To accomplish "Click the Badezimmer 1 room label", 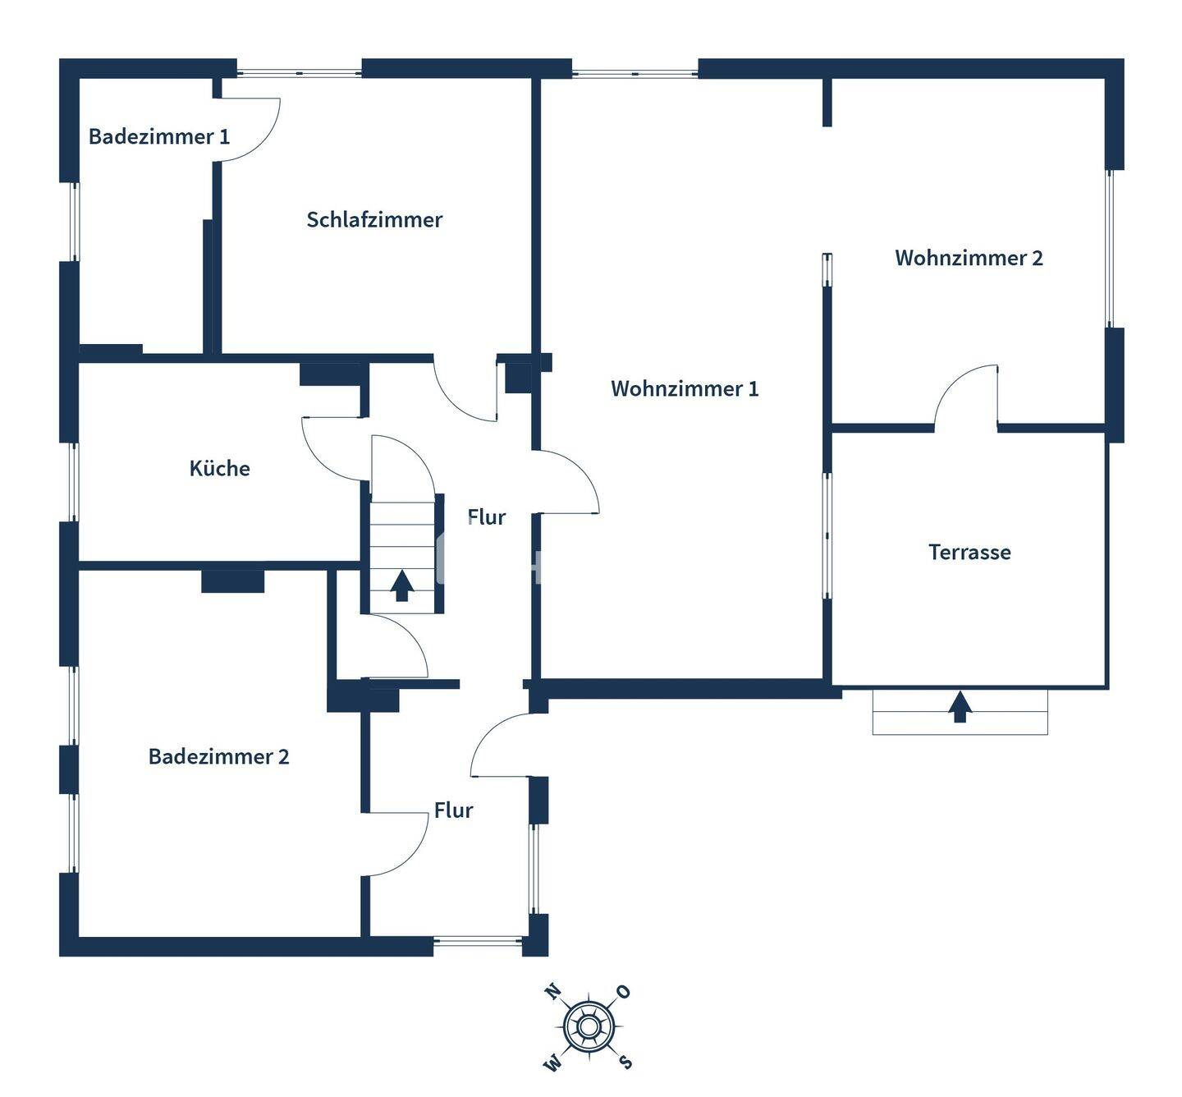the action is click(159, 136).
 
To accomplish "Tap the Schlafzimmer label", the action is click(374, 219).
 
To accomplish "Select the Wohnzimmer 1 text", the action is click(685, 388).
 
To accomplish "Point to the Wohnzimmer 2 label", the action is click(969, 258).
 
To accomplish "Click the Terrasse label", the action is click(969, 552).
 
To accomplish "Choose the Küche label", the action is click(219, 468).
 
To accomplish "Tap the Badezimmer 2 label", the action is click(218, 756).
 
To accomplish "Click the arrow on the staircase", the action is click(401, 585).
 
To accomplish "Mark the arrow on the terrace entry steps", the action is click(960, 707).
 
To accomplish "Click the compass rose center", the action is click(588, 1027).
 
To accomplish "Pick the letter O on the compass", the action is click(624, 992).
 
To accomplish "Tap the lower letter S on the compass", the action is click(625, 1063).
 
